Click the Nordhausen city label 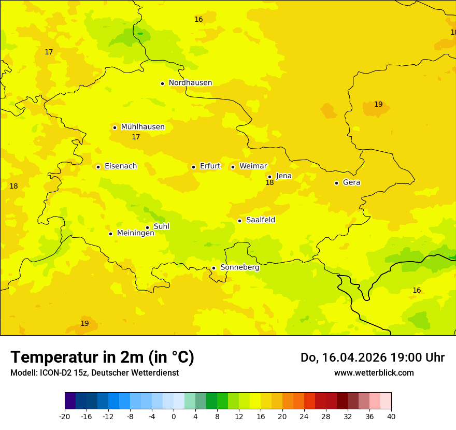pos(190,83)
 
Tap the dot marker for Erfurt pos(193,167)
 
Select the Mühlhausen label pos(142,127)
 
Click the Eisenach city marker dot pos(98,167)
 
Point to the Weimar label pos(253,166)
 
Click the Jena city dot pos(269,177)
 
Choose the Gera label pos(351,182)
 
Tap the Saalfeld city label pos(261,220)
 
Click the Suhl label pos(162,226)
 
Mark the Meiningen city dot pos(110,234)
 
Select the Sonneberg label pos(240,267)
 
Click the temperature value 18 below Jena pos(269,183)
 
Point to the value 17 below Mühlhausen pos(136,137)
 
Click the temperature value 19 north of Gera pos(378,105)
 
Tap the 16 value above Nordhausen pos(198,20)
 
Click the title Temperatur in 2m pos(102,357)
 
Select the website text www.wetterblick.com pos(374,372)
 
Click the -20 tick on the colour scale pos(65,416)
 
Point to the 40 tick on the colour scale pos(391,416)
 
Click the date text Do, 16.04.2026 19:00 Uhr pos(372,357)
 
